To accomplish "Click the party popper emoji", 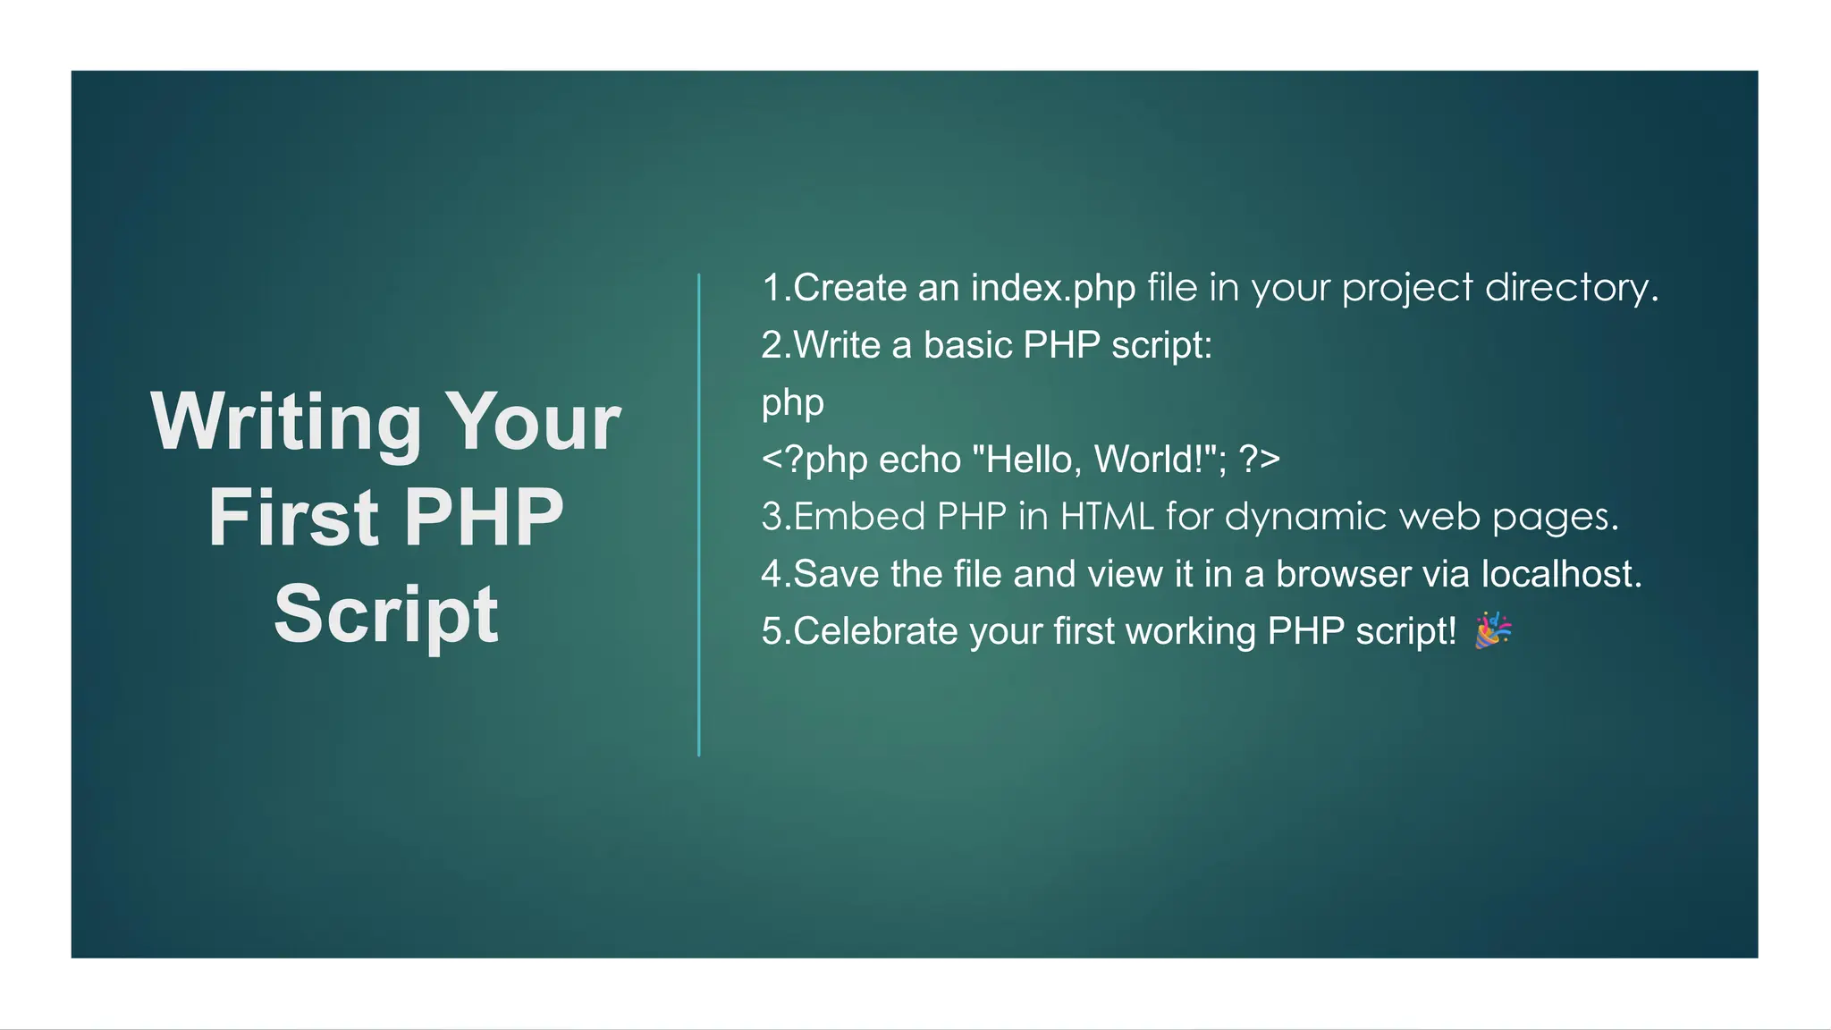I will [x=1493, y=630].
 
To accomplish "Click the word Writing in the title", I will [x=286, y=422].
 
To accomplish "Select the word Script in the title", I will [x=386, y=614].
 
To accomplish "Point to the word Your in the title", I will [x=533, y=422].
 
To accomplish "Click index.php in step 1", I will [x=1053, y=288].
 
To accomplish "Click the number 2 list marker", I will [x=772, y=345].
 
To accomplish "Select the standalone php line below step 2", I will [x=792, y=403].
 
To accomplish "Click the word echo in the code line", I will [x=919, y=460].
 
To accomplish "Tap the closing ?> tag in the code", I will [x=1260, y=460].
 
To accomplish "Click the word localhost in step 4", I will [x=1561, y=574].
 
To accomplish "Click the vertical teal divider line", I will [x=699, y=515].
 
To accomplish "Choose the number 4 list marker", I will [x=772, y=574].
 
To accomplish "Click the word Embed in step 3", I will [x=859, y=517].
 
